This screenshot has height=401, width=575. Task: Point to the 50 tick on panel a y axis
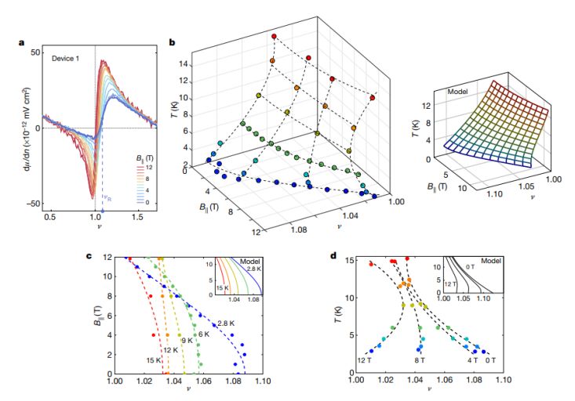35,51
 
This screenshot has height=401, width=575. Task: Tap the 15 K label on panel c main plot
154,360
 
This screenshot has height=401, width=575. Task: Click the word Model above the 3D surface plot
458,91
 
